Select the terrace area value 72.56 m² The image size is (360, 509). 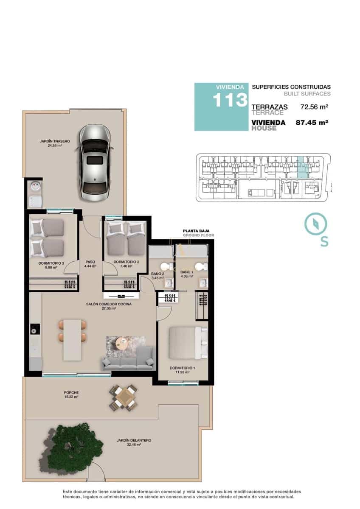(x=315, y=107)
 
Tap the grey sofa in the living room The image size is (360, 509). (x=127, y=359)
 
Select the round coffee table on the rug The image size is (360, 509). (x=122, y=343)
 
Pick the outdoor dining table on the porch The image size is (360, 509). (x=124, y=398)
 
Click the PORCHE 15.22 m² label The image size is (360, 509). (x=71, y=394)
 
